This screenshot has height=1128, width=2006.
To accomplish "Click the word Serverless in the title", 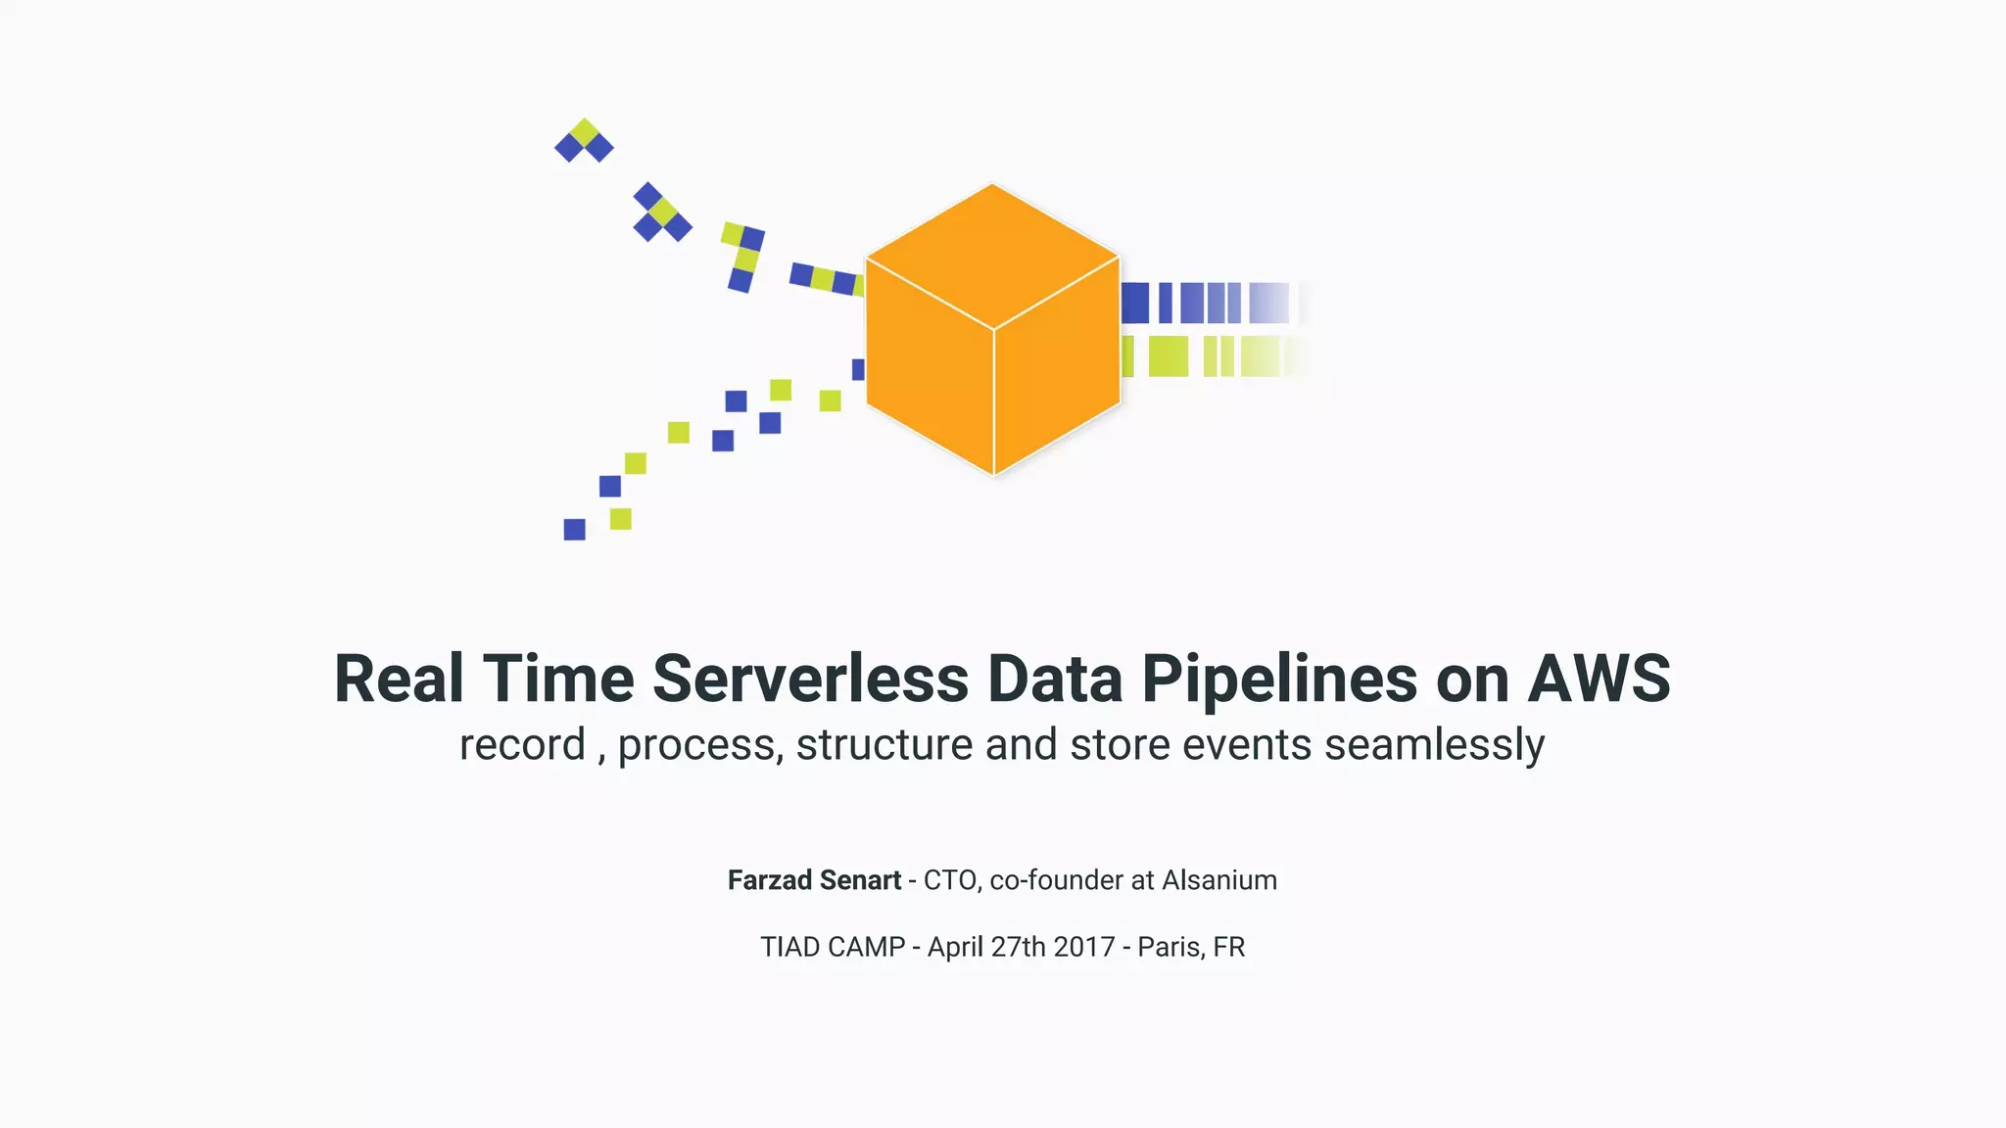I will click(810, 679).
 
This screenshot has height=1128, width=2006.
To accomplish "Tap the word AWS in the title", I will click(1599, 679).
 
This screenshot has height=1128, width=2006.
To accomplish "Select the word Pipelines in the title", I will click(1278, 679).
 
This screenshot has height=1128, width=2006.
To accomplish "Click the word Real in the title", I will click(398, 679).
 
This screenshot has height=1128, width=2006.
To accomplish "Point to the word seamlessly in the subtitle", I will click(1434, 745).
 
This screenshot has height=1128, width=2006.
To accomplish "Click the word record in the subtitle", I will click(522, 745).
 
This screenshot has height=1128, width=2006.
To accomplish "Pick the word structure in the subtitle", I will click(884, 745).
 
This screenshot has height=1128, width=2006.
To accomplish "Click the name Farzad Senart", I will click(814, 880).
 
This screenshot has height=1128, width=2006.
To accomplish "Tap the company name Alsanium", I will click(1219, 880).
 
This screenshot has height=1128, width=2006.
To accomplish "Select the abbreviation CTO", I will click(949, 880).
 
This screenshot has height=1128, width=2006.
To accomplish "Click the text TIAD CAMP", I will click(833, 947).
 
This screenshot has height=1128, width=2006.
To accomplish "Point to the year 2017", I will click(1084, 947).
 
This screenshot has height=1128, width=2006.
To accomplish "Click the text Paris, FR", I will click(1191, 947).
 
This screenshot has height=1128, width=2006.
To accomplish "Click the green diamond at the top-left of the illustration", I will click(585, 132).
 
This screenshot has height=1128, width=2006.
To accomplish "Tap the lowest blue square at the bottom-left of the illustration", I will click(575, 530).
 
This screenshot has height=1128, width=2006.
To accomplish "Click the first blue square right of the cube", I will click(1135, 303).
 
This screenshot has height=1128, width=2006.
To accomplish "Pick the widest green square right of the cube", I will click(1168, 356).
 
